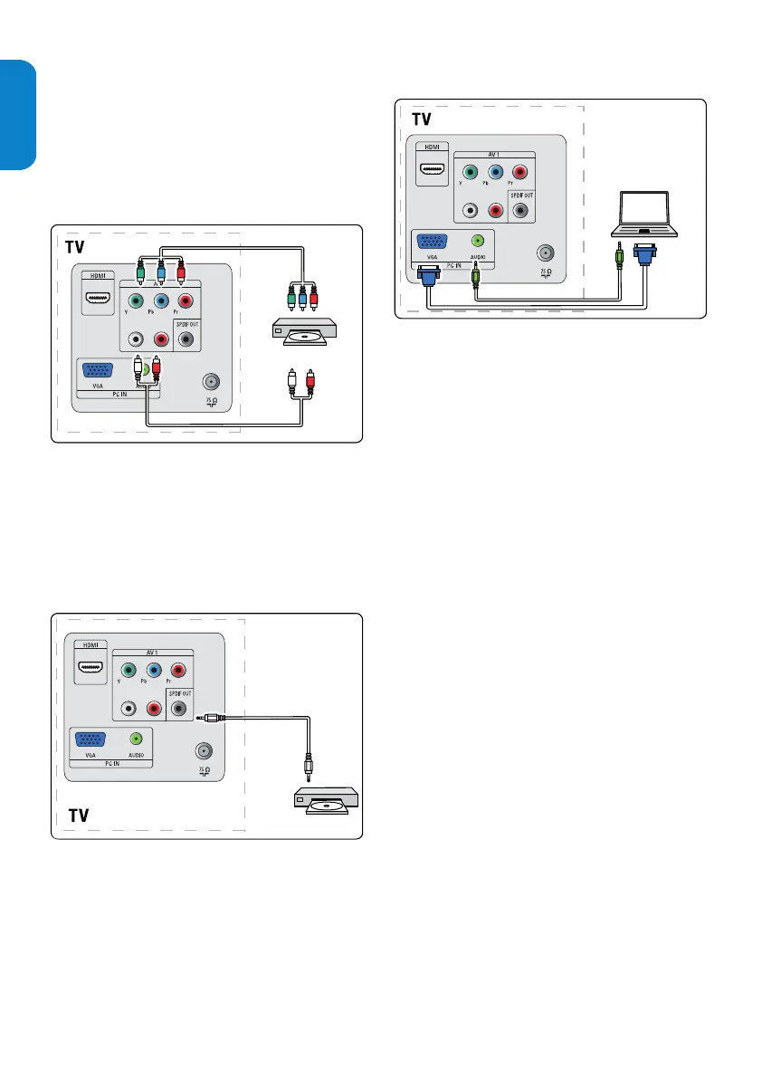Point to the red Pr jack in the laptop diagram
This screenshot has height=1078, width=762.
519,172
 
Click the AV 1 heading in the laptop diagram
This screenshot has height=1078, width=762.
494,154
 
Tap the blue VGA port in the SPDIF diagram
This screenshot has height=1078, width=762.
91,740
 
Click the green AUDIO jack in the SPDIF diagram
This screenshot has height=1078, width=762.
137,739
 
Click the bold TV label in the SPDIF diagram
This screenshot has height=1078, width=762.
80,816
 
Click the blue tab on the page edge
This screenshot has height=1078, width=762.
17,114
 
